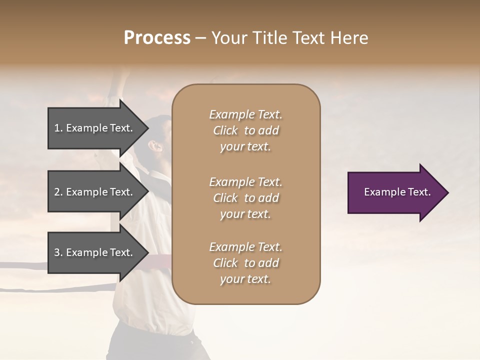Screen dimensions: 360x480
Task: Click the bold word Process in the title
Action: [x=157, y=38]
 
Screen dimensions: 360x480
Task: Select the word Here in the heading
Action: [x=349, y=38]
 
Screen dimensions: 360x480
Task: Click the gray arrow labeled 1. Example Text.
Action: [x=95, y=128]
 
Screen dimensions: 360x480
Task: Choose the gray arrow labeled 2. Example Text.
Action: [x=95, y=192]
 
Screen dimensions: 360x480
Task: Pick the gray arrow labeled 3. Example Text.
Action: [x=95, y=253]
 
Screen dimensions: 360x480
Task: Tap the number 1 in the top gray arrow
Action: [x=57, y=128]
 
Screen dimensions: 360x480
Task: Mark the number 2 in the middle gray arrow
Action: [x=57, y=192]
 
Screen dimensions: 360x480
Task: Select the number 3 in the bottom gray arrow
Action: [x=57, y=253]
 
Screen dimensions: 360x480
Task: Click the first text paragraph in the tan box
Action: [x=246, y=130]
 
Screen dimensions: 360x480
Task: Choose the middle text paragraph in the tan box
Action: [x=246, y=198]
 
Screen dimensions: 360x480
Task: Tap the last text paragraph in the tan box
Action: [x=246, y=263]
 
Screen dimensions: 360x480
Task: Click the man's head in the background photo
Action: [x=157, y=135]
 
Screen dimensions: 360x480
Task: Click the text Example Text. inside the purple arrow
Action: [x=397, y=192]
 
